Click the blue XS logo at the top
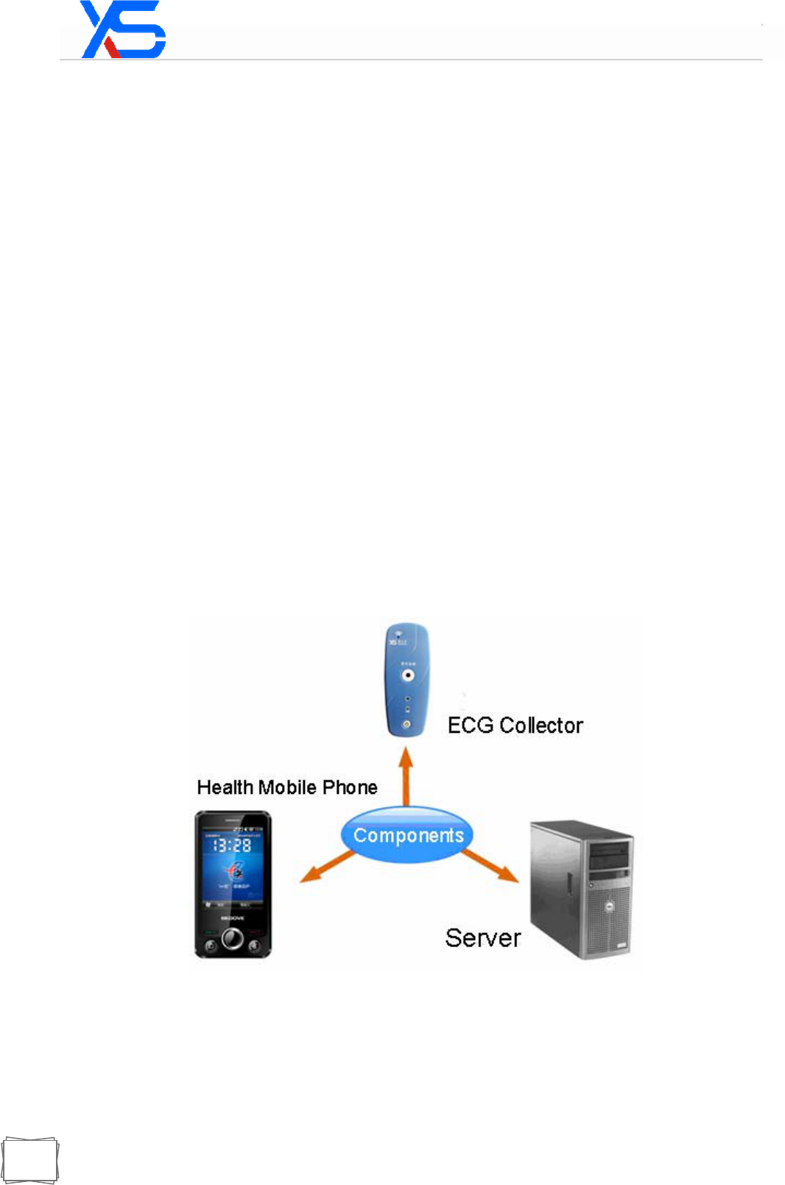[123, 30]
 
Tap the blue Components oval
[407, 834]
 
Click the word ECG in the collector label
[471, 725]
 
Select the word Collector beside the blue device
[541, 725]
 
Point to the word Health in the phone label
[225, 787]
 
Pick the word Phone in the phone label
[350, 787]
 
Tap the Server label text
[482, 938]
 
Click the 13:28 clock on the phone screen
[232, 845]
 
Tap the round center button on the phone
[233, 938]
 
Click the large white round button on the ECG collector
[407, 674]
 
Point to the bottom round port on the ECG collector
[406, 724]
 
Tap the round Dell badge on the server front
[610, 907]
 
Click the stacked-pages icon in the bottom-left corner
[29, 1161]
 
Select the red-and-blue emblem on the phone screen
[235, 872]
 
